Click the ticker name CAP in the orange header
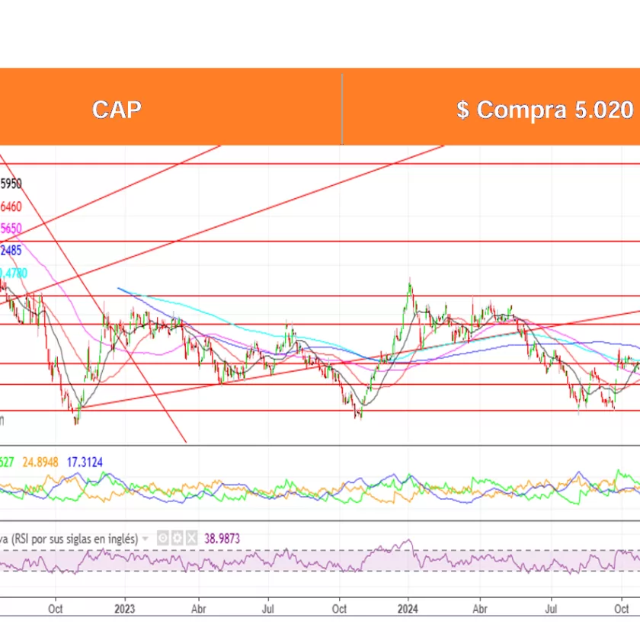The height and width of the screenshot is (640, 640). [117, 110]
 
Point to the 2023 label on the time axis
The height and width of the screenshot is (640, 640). [124, 609]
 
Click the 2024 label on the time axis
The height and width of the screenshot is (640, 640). [408, 609]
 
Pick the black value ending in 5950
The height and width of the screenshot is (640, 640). [11, 184]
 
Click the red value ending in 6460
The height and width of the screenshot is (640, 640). [11, 206]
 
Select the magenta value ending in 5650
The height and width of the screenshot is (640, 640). [11, 228]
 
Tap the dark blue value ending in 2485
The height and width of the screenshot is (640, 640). [11, 250]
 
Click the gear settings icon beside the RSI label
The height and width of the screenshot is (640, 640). [176, 538]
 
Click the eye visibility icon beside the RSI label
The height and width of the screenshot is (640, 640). [162, 538]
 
